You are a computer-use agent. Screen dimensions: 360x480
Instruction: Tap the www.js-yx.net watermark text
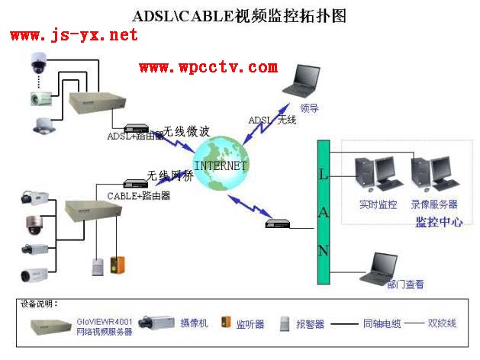tap(74, 35)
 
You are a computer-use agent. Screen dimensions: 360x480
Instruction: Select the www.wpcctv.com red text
tap(208, 67)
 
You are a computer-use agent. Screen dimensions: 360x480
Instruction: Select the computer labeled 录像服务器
tap(431, 175)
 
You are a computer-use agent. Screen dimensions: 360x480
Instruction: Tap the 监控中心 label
tap(438, 223)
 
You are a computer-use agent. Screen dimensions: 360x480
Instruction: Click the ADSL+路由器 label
tap(135, 136)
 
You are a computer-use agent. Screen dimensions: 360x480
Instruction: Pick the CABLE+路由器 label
tap(138, 195)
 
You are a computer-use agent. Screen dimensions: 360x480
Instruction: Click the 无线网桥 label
tap(170, 175)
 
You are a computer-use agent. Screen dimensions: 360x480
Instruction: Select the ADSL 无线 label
tap(272, 120)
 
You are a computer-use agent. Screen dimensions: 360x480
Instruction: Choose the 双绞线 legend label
tap(441, 323)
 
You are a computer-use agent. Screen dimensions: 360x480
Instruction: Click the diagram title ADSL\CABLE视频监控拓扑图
tap(240, 15)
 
